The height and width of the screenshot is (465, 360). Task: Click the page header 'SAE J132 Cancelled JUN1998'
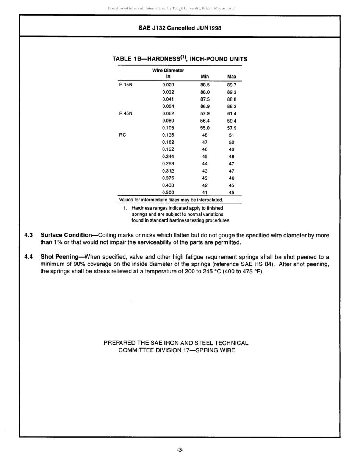point(180,28)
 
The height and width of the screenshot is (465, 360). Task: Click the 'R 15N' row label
point(126,85)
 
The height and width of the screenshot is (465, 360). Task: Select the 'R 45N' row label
point(126,113)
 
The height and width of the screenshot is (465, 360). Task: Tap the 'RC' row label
point(122,135)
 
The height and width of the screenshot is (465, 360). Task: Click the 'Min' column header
point(205,77)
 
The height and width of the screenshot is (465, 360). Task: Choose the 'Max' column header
point(232,77)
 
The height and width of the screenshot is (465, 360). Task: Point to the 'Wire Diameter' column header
point(168,71)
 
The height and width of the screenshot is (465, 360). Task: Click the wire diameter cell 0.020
point(168,85)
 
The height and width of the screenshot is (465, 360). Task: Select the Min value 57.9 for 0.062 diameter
point(205,113)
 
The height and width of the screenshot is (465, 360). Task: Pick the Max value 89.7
point(232,85)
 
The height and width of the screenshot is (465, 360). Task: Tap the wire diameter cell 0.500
point(168,192)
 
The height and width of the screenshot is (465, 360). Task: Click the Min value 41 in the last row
point(205,192)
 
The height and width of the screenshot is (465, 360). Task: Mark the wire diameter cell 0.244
point(168,156)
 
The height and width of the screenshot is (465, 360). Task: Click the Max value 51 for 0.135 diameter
point(232,135)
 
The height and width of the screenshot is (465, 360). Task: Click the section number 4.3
point(28,235)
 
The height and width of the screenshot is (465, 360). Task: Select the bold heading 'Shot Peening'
point(59,257)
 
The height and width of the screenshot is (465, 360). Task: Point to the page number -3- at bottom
point(180,450)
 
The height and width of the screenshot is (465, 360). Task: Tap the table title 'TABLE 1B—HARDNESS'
point(146,59)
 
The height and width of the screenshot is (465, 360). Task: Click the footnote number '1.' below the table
point(125,208)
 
